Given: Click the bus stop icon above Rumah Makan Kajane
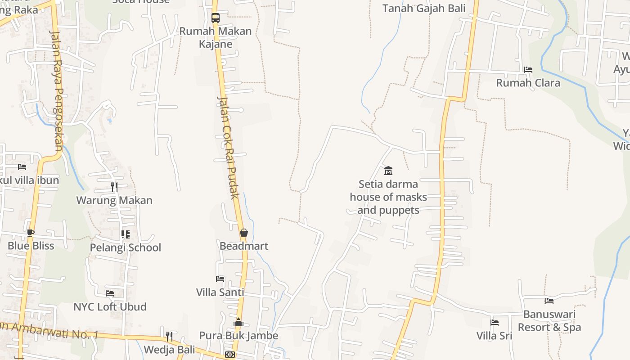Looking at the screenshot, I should pos(216,18).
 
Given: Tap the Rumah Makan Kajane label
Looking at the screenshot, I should pos(216,37).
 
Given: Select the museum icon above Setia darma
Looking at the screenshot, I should pos(388,171).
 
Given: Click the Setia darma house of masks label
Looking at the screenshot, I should pos(388,197).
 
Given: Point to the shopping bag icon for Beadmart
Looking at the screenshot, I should pos(243,233).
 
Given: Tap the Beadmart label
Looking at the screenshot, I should pos(244,246).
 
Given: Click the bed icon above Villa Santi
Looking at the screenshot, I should pos(220,279).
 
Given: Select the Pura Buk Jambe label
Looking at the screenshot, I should pos(238,336).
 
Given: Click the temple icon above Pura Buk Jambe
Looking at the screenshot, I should pos(238,322).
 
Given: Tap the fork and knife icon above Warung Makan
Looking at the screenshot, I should pos(114,187).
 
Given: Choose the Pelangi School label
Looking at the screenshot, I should pos(126,247).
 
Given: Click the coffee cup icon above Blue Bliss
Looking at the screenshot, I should pos(31,233).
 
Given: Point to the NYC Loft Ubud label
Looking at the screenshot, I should pos(110,307).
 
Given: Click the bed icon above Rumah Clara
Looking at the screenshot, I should pos(528,70).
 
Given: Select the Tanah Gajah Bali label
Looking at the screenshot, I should pos(424,8).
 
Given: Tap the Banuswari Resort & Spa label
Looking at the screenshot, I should pos(549,321).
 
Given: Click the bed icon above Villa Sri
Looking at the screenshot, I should pos(495,323).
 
